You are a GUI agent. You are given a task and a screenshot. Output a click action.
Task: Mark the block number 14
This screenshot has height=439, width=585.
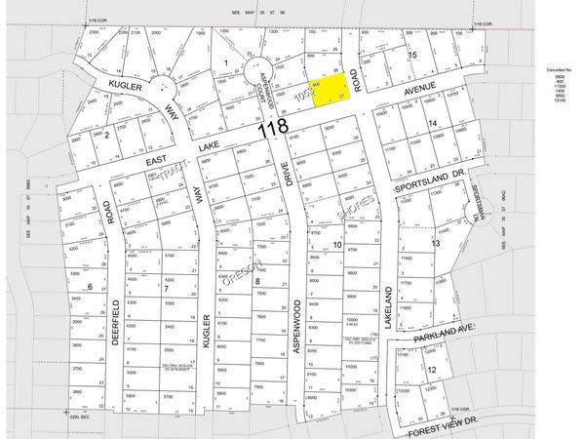coord(431,123)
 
